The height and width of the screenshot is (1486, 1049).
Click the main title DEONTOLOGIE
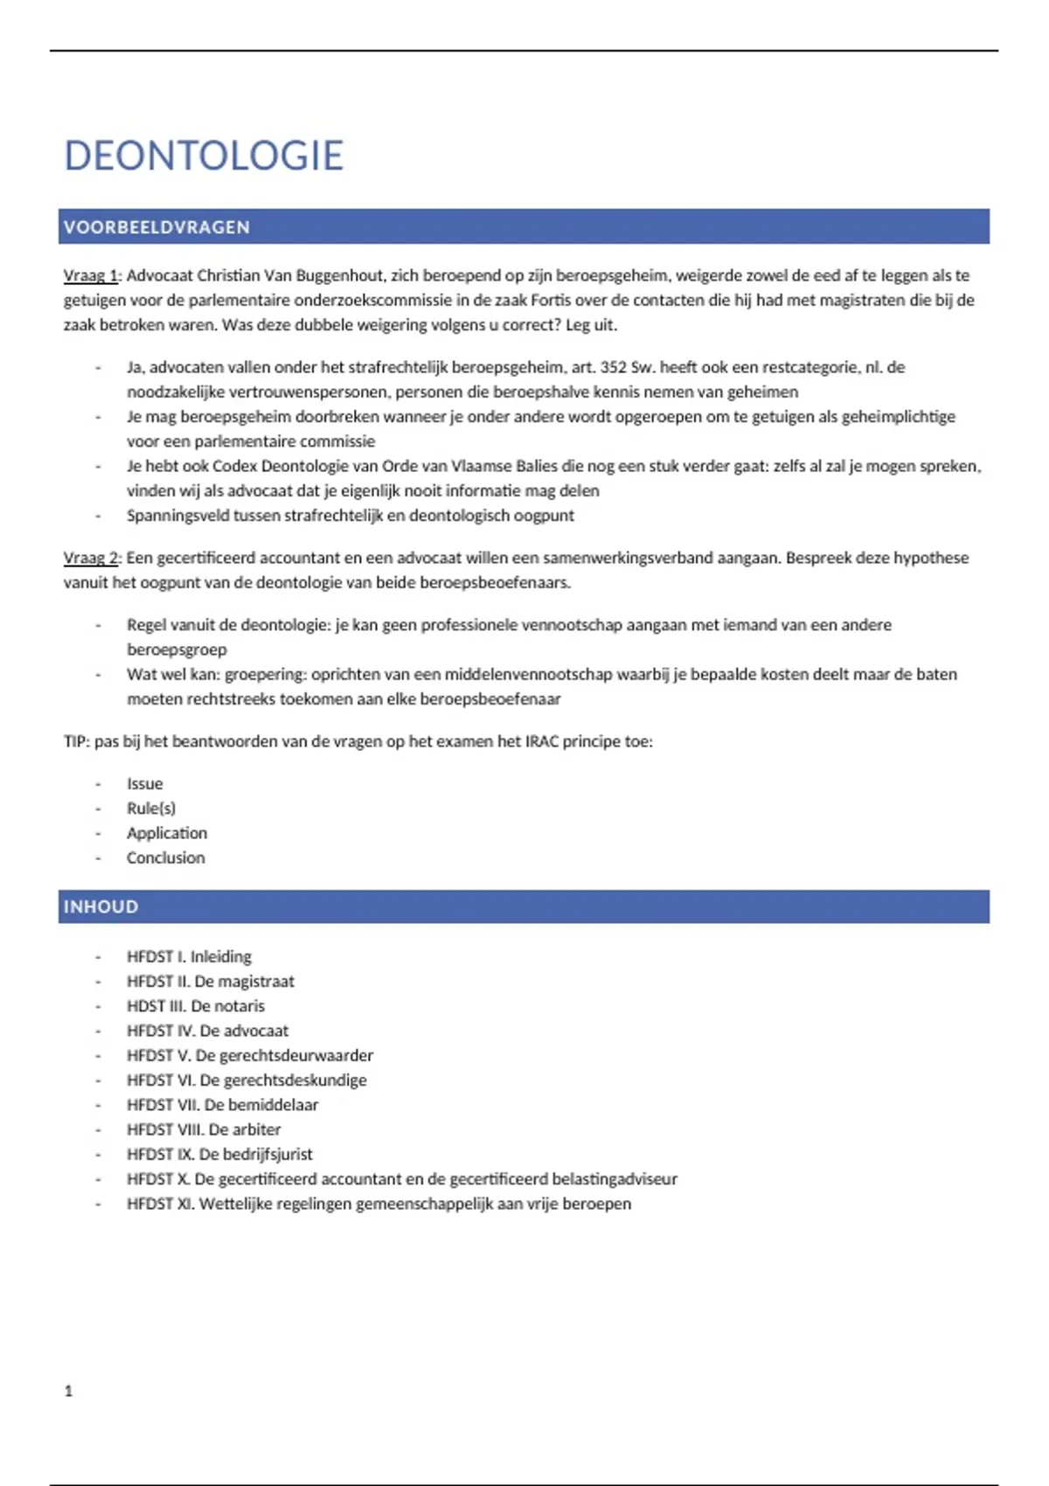click(x=204, y=156)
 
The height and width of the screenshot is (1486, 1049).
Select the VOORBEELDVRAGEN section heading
click(x=156, y=227)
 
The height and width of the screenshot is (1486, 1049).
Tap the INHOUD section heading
click(x=101, y=906)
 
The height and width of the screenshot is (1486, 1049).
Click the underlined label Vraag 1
click(x=91, y=275)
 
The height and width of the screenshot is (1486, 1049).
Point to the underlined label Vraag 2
click(x=91, y=558)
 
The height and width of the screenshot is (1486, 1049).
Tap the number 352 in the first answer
click(x=613, y=367)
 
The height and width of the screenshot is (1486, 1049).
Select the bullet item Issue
click(x=144, y=784)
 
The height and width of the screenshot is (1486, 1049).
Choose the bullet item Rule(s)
click(x=150, y=809)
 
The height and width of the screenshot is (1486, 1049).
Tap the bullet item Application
click(x=166, y=833)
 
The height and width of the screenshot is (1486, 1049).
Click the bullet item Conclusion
click(x=165, y=858)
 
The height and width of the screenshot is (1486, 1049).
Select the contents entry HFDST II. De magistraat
click(x=210, y=981)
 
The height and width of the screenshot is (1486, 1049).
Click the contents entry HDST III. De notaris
click(x=195, y=1005)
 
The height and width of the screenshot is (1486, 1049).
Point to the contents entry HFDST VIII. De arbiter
click(x=203, y=1129)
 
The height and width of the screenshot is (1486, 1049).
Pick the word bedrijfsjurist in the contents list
click(x=267, y=1154)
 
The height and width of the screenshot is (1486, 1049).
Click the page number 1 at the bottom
click(x=69, y=1391)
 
